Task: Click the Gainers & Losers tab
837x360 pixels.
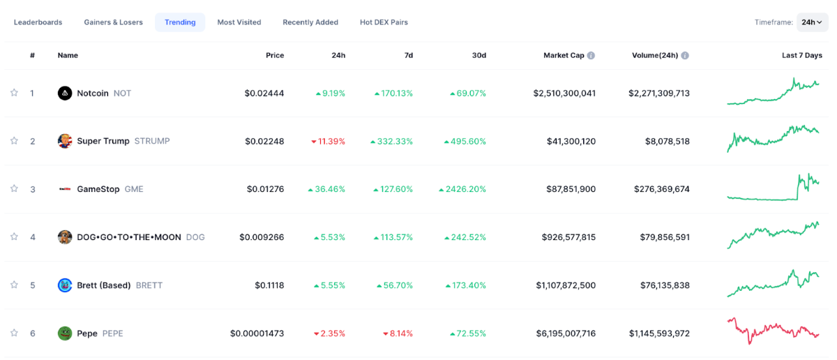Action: click(113, 22)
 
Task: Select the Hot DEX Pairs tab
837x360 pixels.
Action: click(384, 22)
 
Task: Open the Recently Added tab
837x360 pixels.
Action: click(310, 22)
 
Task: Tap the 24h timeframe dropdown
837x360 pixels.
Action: click(812, 22)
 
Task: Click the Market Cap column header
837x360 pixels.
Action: click(564, 55)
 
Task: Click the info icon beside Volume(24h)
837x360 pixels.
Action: click(685, 55)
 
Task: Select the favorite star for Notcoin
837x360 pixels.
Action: click(14, 93)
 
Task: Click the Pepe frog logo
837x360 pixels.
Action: click(65, 333)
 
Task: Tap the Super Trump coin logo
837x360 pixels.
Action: click(65, 141)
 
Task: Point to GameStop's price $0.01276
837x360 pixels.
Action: click(265, 189)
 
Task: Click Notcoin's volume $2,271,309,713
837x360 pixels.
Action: click(658, 93)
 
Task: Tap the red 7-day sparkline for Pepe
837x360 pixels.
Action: click(773, 329)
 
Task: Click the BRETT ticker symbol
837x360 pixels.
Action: click(149, 285)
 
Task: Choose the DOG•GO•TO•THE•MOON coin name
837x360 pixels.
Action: click(129, 237)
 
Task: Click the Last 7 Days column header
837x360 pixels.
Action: click(801, 55)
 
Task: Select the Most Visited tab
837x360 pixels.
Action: click(239, 22)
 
